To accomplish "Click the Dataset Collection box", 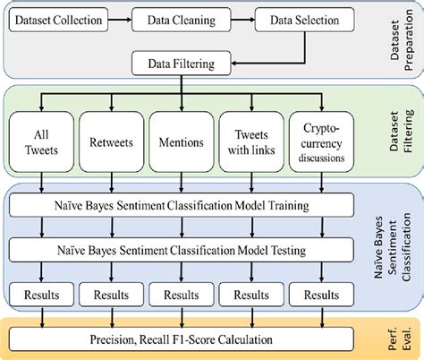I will pos(57,17).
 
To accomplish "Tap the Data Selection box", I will pos(297,17).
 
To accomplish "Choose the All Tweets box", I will pos(40,141).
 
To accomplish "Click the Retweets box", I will pos(112,141).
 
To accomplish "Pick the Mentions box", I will pos(182,141).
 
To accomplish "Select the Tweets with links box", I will pos(251,141).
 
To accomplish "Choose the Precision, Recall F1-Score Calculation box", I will pos(182,339).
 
